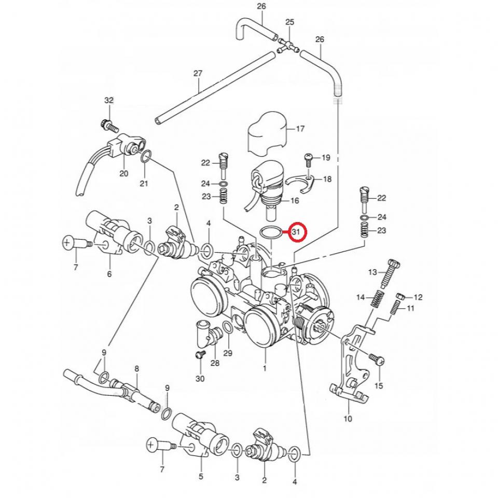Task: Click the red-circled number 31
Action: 296,232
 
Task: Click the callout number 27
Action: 198,74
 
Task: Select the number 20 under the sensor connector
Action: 123,173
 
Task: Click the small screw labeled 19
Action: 308,156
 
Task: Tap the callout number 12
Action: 418,297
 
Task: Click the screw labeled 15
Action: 377,361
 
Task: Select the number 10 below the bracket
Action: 348,419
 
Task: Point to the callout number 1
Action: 265,368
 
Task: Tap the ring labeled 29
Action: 227,327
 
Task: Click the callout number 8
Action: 137,369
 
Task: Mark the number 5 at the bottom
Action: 201,476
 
